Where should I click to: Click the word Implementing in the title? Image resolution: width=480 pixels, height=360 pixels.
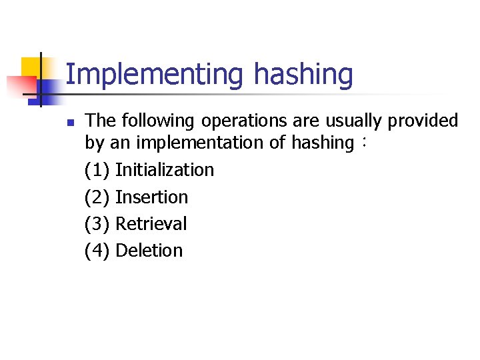click(155, 75)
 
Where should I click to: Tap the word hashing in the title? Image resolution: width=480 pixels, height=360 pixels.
click(303, 75)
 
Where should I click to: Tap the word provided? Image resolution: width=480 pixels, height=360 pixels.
click(427, 121)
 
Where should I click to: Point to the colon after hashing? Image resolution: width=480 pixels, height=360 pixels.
click(363, 143)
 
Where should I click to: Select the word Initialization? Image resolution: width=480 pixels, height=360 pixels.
click(165, 170)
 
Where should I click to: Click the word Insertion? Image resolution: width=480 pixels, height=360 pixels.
click(152, 197)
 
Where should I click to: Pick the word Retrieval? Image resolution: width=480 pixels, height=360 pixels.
click(151, 224)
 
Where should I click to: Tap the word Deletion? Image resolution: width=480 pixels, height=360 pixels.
click(149, 251)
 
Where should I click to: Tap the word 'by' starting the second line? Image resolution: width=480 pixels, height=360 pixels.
click(94, 143)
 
